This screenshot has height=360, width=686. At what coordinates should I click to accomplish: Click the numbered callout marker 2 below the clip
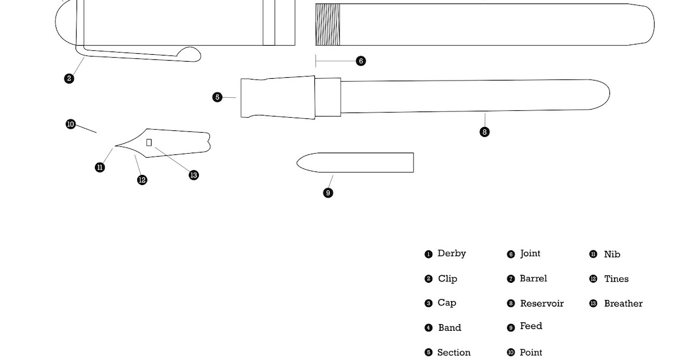69,78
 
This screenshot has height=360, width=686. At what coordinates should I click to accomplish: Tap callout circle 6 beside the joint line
361,61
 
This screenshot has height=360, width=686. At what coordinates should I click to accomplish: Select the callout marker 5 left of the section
217,97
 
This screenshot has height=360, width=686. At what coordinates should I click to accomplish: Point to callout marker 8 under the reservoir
485,132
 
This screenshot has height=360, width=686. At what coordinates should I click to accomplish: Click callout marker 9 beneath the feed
328,193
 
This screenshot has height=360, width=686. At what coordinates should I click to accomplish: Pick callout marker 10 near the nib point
70,124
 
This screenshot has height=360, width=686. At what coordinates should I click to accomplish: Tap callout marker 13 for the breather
194,175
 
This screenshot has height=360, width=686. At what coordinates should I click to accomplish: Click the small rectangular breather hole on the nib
149,142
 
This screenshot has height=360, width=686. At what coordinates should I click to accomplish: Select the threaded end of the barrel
328,25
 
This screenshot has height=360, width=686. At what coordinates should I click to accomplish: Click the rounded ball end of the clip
192,54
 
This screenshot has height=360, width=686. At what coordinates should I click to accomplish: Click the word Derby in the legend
452,254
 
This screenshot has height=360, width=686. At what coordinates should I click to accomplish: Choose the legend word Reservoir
541,303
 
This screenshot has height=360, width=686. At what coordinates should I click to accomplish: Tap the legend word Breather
623,303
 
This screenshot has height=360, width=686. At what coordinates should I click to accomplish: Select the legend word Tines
616,279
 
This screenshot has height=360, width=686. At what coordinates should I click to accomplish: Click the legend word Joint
530,254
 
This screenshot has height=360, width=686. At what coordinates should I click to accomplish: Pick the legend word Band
449,328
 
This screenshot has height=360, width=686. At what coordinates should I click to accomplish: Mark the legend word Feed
531,326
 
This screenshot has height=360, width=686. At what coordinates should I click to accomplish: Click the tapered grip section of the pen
278,98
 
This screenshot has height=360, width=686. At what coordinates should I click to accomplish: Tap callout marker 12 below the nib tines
142,180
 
